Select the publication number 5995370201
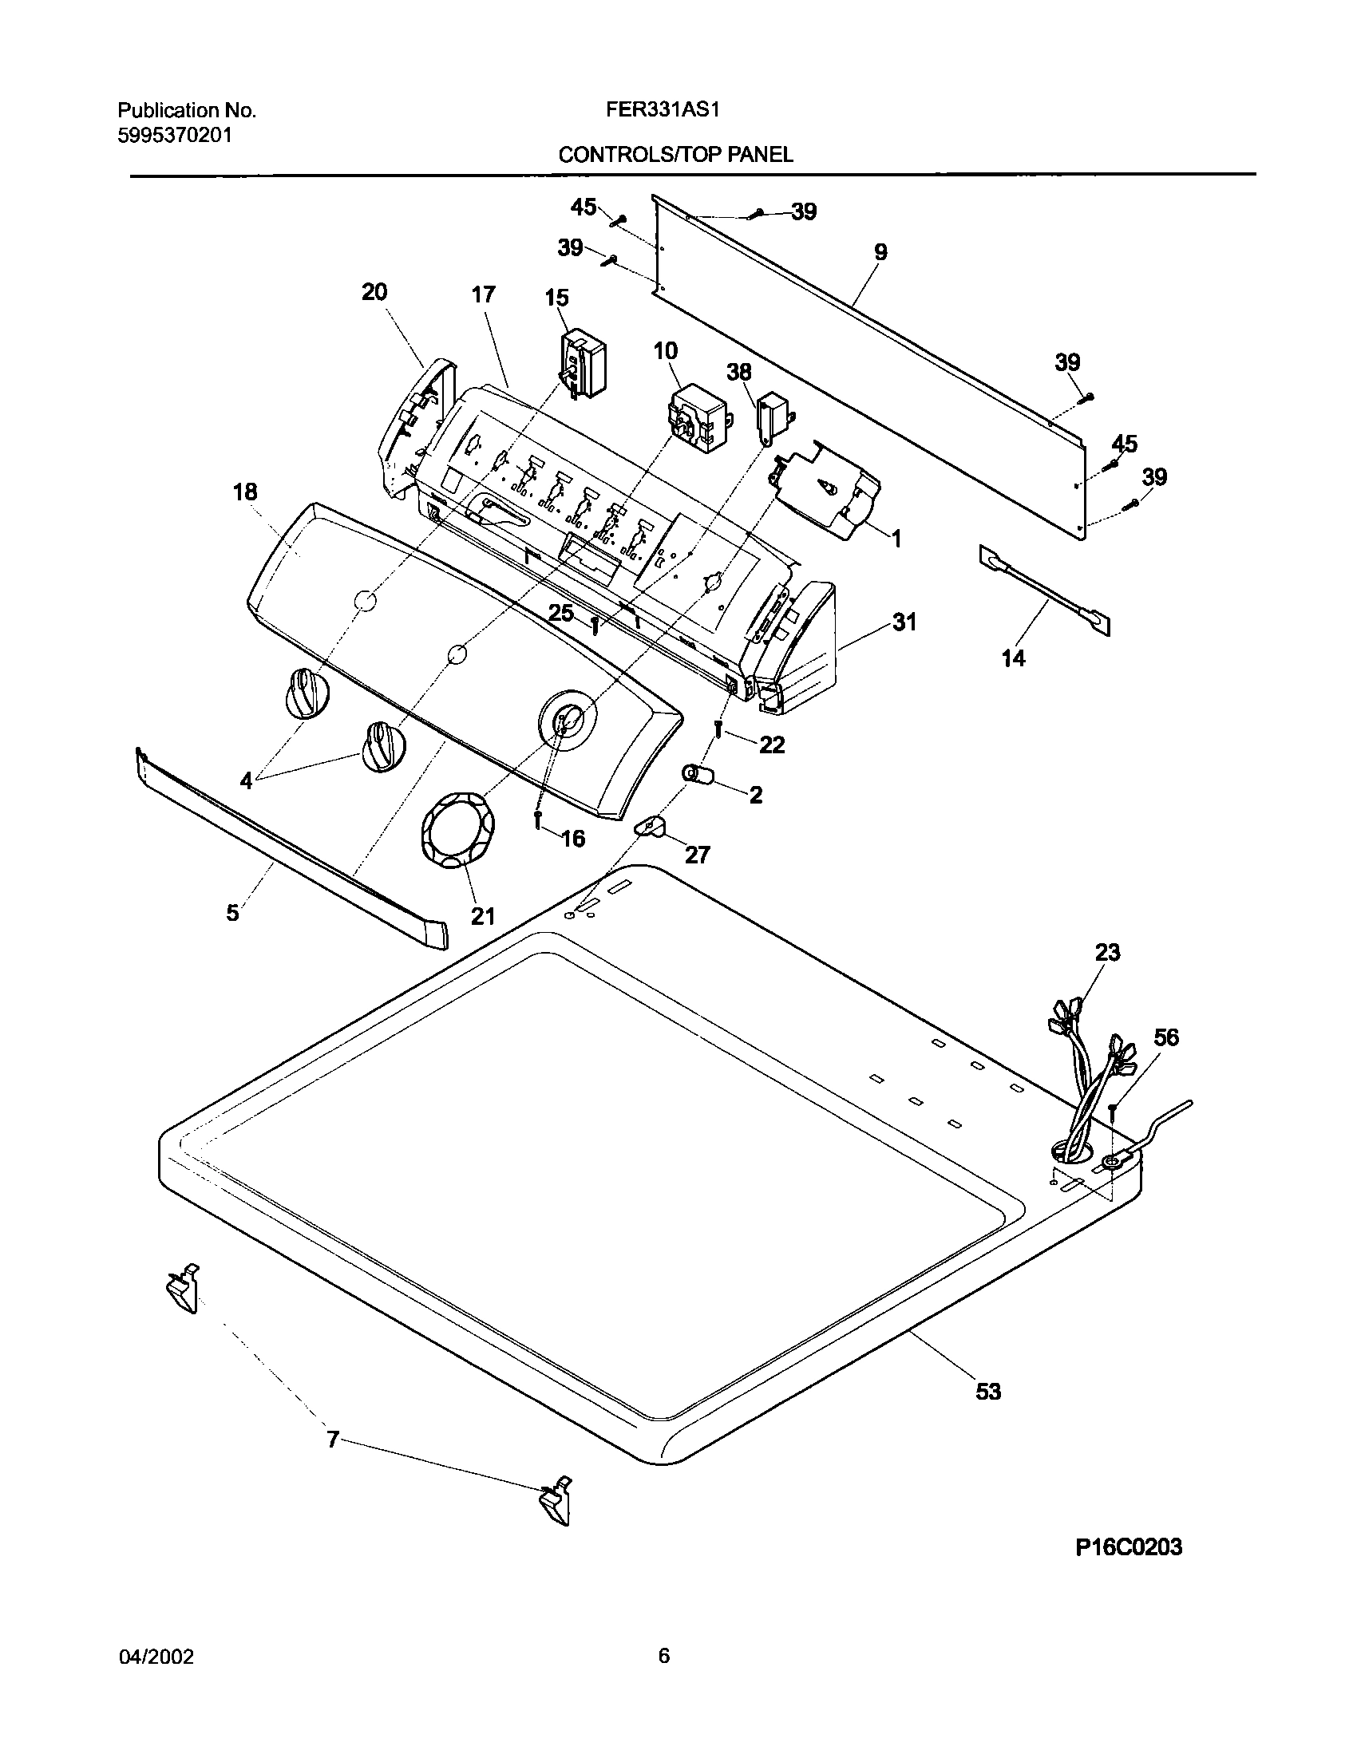click(x=175, y=135)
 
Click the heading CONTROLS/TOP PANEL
click(x=675, y=155)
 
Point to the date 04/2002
click(x=156, y=1657)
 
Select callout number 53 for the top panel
click(x=988, y=1392)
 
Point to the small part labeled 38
click(x=770, y=418)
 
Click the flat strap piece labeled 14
click(x=1043, y=591)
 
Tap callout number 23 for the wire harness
click(x=1107, y=952)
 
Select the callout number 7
click(x=333, y=1440)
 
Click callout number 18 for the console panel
click(x=245, y=492)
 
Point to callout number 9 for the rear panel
click(x=880, y=252)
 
